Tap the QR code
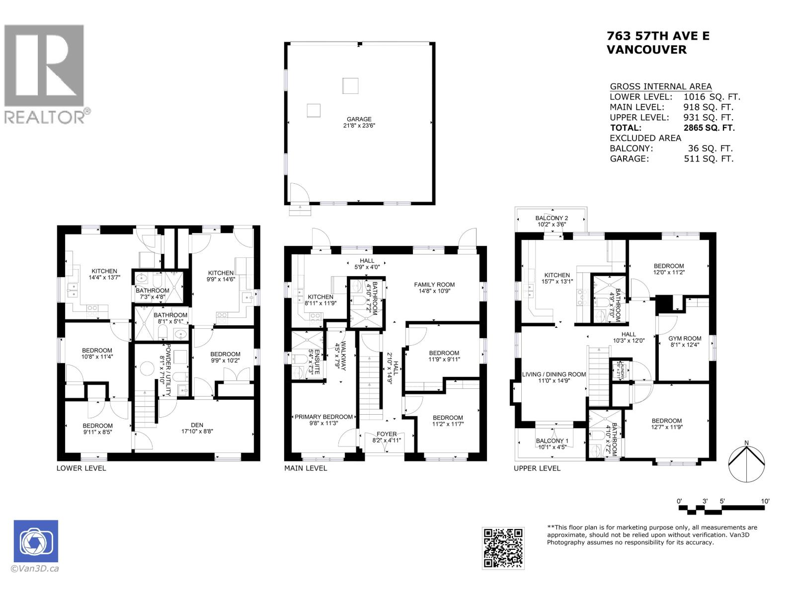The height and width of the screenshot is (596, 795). click(x=503, y=548)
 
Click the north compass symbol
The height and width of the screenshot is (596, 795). click(x=746, y=462)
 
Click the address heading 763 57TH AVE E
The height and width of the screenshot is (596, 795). click(x=658, y=36)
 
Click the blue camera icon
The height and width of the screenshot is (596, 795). click(x=36, y=542)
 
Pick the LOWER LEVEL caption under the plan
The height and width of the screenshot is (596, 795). click(x=81, y=468)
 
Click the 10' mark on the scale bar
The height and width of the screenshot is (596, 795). click(x=765, y=501)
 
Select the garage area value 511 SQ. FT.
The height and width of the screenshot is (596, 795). click(x=708, y=159)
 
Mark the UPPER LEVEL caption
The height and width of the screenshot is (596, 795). click(x=537, y=468)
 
